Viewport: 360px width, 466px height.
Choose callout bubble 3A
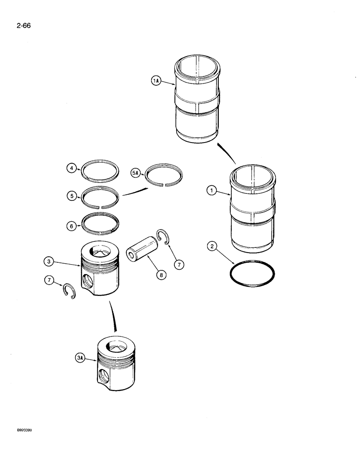(80, 359)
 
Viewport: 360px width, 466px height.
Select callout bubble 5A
(136, 173)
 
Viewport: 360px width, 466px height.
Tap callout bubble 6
(71, 226)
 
